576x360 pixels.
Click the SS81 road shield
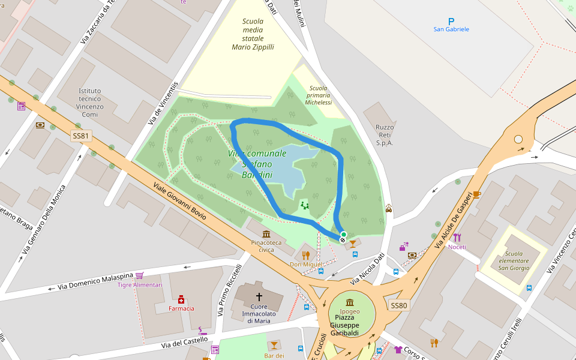80,136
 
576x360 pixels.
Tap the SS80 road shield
398,305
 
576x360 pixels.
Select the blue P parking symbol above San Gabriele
451,21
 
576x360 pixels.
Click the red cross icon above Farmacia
181,299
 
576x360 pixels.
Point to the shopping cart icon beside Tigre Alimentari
140,275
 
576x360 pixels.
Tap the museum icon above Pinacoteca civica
266,234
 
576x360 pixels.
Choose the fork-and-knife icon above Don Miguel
306,255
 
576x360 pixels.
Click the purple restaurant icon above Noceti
457,238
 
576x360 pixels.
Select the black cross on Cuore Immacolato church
259,296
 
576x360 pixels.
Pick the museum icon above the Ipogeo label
350,302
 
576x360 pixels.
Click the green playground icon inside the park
305,206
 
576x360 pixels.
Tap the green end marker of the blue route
343,235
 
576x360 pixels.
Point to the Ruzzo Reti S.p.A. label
384,135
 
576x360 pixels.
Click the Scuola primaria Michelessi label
318,95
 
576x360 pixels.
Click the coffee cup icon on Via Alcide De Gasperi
476,194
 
